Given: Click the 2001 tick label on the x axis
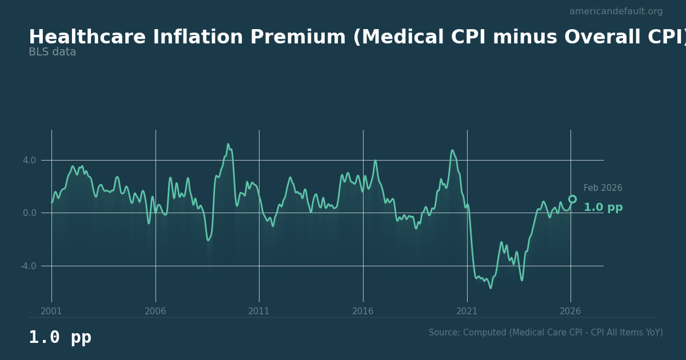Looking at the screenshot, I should click(51, 311).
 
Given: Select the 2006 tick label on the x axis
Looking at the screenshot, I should click(155, 311).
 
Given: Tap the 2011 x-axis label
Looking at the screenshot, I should click(259, 311).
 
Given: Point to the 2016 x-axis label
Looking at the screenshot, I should click(363, 311).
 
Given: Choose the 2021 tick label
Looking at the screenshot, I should click(467, 311).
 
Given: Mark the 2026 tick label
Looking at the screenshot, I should click(571, 311).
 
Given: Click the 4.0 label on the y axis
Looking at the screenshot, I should click(29, 161).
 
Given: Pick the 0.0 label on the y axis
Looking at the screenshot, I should click(29, 213).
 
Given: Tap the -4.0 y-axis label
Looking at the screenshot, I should click(28, 266).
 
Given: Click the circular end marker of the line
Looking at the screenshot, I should click(572, 199).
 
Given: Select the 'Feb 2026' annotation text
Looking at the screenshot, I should click(603, 188).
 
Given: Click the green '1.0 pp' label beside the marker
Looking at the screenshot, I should click(603, 207).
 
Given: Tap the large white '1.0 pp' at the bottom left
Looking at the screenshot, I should click(60, 338).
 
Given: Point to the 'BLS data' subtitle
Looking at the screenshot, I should click(52, 52).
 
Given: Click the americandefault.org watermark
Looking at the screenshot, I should click(616, 11).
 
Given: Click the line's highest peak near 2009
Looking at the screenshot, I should click(228, 144).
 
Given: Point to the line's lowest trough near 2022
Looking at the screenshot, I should click(490, 287).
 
